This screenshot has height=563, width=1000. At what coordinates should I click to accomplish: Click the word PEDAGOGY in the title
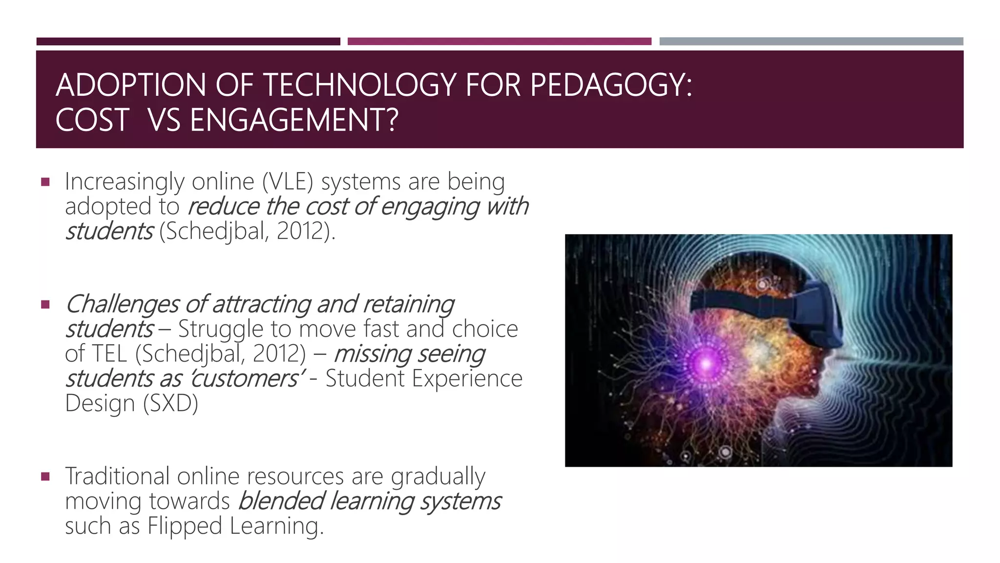coord(610,86)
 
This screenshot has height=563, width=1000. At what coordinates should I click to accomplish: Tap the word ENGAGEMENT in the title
coord(294,121)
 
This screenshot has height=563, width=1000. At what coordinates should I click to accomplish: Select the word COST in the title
coord(92,121)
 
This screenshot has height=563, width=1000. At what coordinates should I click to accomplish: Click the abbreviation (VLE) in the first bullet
coord(287,182)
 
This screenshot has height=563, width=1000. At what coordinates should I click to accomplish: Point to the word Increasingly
coord(124,182)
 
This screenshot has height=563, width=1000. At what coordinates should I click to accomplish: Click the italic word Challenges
coord(122,305)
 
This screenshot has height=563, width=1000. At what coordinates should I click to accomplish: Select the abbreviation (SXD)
coord(170,404)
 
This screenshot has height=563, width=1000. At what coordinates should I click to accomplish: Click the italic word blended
coord(281,501)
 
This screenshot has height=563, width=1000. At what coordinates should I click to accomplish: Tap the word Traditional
coord(117,476)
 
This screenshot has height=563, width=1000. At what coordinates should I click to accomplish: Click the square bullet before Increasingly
coord(45,183)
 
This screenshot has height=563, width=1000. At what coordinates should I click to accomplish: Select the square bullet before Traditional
coord(45,477)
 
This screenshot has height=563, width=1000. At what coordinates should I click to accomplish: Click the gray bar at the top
coord(811,42)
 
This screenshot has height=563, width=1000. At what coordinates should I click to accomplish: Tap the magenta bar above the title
coord(499,42)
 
